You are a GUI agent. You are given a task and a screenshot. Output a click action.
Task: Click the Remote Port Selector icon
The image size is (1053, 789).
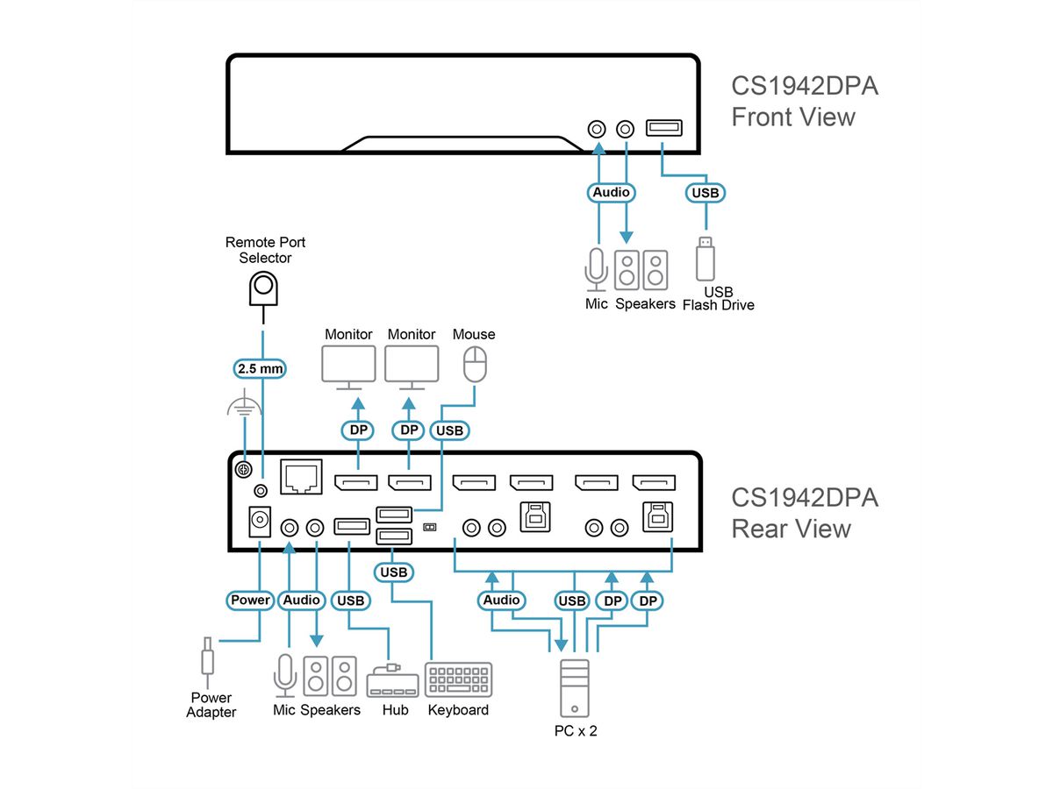pos(264,287)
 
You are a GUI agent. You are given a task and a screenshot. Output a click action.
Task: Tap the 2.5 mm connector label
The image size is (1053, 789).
pos(261,369)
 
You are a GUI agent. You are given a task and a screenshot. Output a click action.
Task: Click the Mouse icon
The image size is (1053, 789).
pos(474,365)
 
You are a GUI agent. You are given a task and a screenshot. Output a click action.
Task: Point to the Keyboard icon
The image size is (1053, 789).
pos(458,680)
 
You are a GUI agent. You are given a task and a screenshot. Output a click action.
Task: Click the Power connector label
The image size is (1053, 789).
pos(251,601)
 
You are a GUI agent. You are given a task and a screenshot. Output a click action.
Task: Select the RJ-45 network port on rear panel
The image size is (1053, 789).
pos(300,477)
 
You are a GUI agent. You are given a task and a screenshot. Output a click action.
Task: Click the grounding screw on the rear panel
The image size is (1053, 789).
pos(245,470)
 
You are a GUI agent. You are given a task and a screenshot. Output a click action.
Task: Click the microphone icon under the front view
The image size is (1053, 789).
pos(596,268)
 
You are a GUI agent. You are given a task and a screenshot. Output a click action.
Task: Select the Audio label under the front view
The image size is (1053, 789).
pos(611,192)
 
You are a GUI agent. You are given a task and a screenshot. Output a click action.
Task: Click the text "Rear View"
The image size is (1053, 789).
pos(791,529)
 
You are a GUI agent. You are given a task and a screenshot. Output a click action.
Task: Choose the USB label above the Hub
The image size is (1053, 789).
pos(349,601)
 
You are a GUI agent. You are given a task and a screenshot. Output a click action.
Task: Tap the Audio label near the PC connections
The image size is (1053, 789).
pos(502,601)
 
